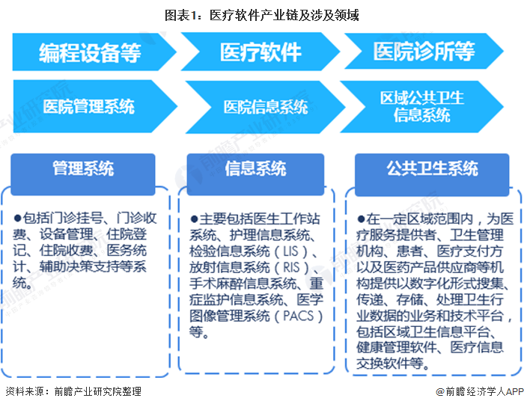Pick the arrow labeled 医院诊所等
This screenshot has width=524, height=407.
(x=424, y=51)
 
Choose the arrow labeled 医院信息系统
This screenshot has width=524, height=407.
(x=265, y=107)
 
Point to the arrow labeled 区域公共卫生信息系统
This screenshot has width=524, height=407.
(x=421, y=106)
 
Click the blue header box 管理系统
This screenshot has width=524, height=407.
(x=83, y=174)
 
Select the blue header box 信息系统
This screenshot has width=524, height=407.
(x=255, y=174)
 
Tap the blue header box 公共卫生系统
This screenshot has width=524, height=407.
(x=432, y=174)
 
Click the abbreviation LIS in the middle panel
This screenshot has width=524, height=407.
(x=290, y=251)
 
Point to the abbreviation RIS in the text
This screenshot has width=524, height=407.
(x=291, y=267)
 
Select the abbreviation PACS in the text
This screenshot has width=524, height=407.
(x=299, y=316)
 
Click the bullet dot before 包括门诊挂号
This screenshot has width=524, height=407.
(x=17, y=218)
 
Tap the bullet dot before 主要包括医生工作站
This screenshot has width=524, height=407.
(x=194, y=219)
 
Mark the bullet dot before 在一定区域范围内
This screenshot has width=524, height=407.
(x=361, y=219)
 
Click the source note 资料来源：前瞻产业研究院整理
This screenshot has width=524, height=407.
(x=73, y=391)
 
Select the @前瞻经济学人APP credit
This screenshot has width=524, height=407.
(x=480, y=391)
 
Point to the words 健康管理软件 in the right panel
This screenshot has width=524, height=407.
(x=396, y=348)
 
